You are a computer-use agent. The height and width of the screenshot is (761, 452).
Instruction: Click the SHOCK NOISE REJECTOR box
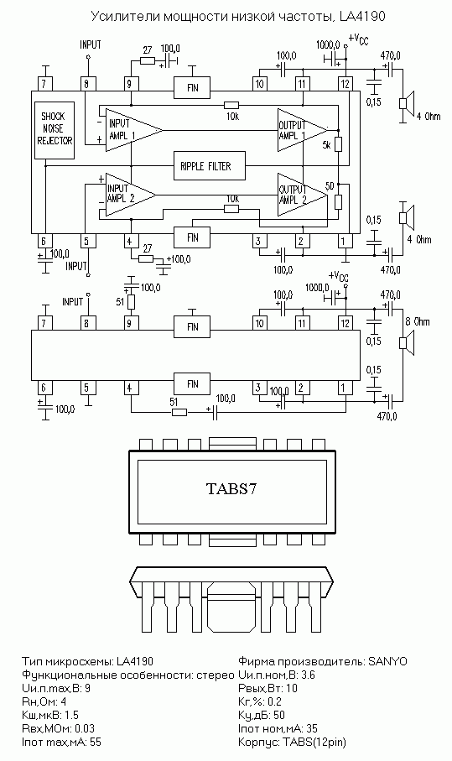pos(55,130)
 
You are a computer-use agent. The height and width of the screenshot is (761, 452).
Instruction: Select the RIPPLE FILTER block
pos(210,166)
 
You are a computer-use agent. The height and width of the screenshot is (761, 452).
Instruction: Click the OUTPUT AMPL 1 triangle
pos(302,130)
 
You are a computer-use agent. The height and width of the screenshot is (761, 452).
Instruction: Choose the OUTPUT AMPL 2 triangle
pos(302,195)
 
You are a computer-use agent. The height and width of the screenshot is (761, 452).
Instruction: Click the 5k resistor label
pos(326,144)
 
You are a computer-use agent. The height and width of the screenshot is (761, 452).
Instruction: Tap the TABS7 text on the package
pos(231,488)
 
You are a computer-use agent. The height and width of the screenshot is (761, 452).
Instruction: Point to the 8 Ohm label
pos(418,322)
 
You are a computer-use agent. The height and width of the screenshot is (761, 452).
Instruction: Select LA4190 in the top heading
pos(361,17)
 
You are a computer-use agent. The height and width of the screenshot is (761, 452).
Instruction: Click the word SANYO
pos(388,661)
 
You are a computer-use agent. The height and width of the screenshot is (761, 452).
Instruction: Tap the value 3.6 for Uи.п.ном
pos(308,675)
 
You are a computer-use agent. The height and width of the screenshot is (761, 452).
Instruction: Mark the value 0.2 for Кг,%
pos(274,701)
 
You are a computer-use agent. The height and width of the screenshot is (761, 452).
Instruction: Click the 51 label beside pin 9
pos(120,302)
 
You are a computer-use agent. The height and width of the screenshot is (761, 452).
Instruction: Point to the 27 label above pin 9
pos(148,50)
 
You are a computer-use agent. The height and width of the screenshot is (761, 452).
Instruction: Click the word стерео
pos(216,675)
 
